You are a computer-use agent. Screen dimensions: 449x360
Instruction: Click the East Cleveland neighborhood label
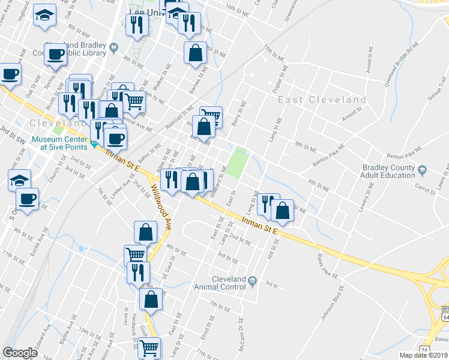coord(322,100)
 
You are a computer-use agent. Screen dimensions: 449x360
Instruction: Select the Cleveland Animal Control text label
coord(229,283)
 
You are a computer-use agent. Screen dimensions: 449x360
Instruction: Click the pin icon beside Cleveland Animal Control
coord(253,280)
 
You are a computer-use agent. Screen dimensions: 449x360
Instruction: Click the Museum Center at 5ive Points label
coord(60,142)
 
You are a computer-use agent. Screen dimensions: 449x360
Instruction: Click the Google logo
coord(20,353)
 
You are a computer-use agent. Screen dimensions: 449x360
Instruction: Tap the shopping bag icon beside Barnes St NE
coord(195,53)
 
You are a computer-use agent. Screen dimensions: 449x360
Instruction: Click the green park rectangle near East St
coord(237,161)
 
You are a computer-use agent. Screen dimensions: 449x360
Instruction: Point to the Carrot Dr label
coord(424,189)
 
